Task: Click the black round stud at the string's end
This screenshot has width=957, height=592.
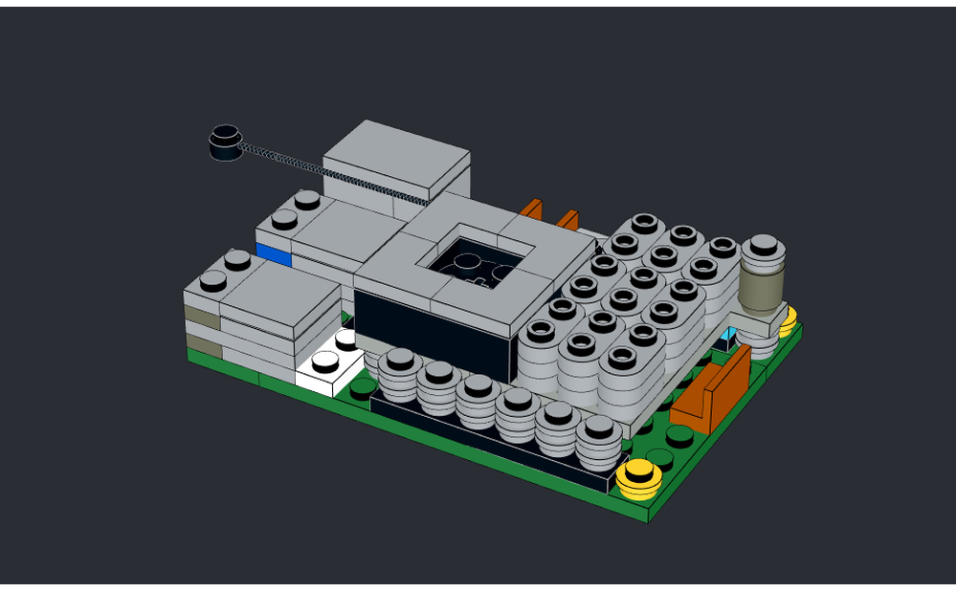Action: coord(226,143)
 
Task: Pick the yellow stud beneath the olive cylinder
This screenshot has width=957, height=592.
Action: coord(789,322)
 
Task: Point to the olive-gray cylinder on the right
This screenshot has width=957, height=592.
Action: coord(761,288)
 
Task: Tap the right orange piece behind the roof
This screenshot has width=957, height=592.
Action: coord(568,219)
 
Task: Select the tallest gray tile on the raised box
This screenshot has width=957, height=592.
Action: coord(396,158)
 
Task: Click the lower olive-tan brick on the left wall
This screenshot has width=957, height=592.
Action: coord(202,343)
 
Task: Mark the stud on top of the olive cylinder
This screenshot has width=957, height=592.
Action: coord(764,247)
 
